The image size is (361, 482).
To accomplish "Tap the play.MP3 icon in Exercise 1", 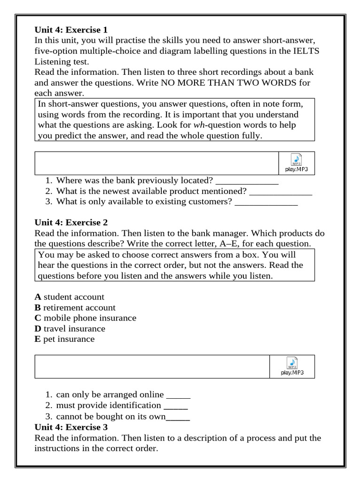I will (296, 163).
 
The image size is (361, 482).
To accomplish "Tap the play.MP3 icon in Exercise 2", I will (292, 366).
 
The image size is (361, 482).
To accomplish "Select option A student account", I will (70, 297).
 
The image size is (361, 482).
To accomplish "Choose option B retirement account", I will (75, 308).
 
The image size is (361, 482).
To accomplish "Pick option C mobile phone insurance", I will (85, 318).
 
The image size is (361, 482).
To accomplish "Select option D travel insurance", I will (70, 329).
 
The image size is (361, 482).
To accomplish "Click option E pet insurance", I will (64, 339).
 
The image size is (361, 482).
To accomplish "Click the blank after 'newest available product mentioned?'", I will (281, 192).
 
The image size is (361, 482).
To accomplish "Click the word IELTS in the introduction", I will (306, 51).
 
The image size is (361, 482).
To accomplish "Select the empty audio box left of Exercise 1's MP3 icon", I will (157, 163).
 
